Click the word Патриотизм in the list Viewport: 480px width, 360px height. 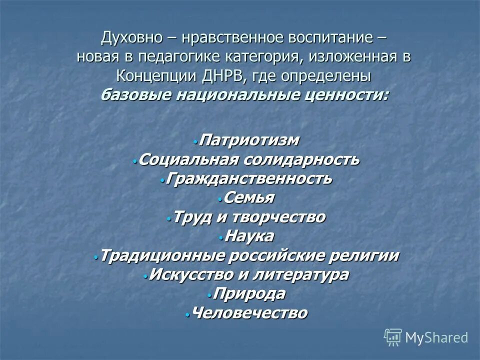coord(249,140)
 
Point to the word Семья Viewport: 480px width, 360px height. coord(249,197)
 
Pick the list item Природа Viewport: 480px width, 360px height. coord(249,293)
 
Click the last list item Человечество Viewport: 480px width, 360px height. coord(249,313)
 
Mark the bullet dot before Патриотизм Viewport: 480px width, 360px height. coord(195,142)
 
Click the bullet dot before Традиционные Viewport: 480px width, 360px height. coord(95,257)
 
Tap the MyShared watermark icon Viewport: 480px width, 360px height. coord(393,337)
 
